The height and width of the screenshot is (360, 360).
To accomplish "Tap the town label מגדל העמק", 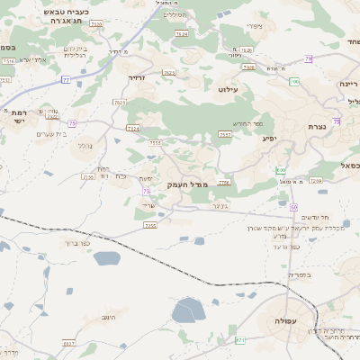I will [x=187, y=184].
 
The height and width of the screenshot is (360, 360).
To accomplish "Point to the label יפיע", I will [x=269, y=139].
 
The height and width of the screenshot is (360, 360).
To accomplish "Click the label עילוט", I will [x=226, y=90].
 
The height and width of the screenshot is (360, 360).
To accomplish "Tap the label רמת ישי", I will [x=17, y=117].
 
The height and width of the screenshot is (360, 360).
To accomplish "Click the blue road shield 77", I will [x=66, y=80].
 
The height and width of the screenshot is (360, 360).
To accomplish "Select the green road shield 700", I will [x=294, y=82].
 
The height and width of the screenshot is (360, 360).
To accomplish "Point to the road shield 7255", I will [x=149, y=225].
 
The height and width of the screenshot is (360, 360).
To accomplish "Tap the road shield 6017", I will [x=69, y=343].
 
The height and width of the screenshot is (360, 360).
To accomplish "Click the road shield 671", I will [x=239, y=340].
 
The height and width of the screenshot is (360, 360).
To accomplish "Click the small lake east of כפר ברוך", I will [x=106, y=259].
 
